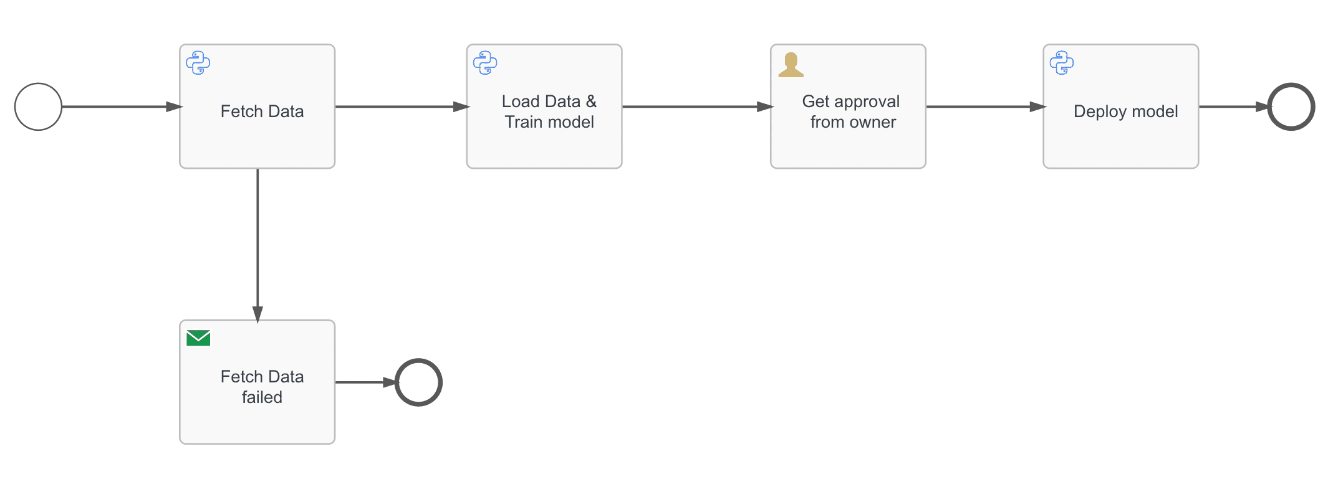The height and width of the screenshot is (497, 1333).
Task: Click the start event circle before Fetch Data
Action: point(38,107)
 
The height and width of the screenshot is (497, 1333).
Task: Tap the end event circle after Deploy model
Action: point(1291,107)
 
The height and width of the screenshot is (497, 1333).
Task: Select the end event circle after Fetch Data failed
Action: point(418,382)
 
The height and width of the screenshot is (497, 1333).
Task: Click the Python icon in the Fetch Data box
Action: point(198,63)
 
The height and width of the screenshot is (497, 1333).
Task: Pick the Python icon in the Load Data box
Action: point(485,63)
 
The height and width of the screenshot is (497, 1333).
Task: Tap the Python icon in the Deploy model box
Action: point(1062,63)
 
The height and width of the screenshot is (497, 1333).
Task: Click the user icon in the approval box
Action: point(791,65)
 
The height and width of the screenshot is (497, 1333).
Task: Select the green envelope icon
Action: point(198,338)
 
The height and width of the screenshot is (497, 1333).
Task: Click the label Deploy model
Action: point(1125,111)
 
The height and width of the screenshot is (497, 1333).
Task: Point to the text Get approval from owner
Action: point(852,111)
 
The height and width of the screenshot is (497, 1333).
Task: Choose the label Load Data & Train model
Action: point(549,111)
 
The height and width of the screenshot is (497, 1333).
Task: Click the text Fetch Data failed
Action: point(262,387)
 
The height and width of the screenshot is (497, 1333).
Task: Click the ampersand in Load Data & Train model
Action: point(591,102)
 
